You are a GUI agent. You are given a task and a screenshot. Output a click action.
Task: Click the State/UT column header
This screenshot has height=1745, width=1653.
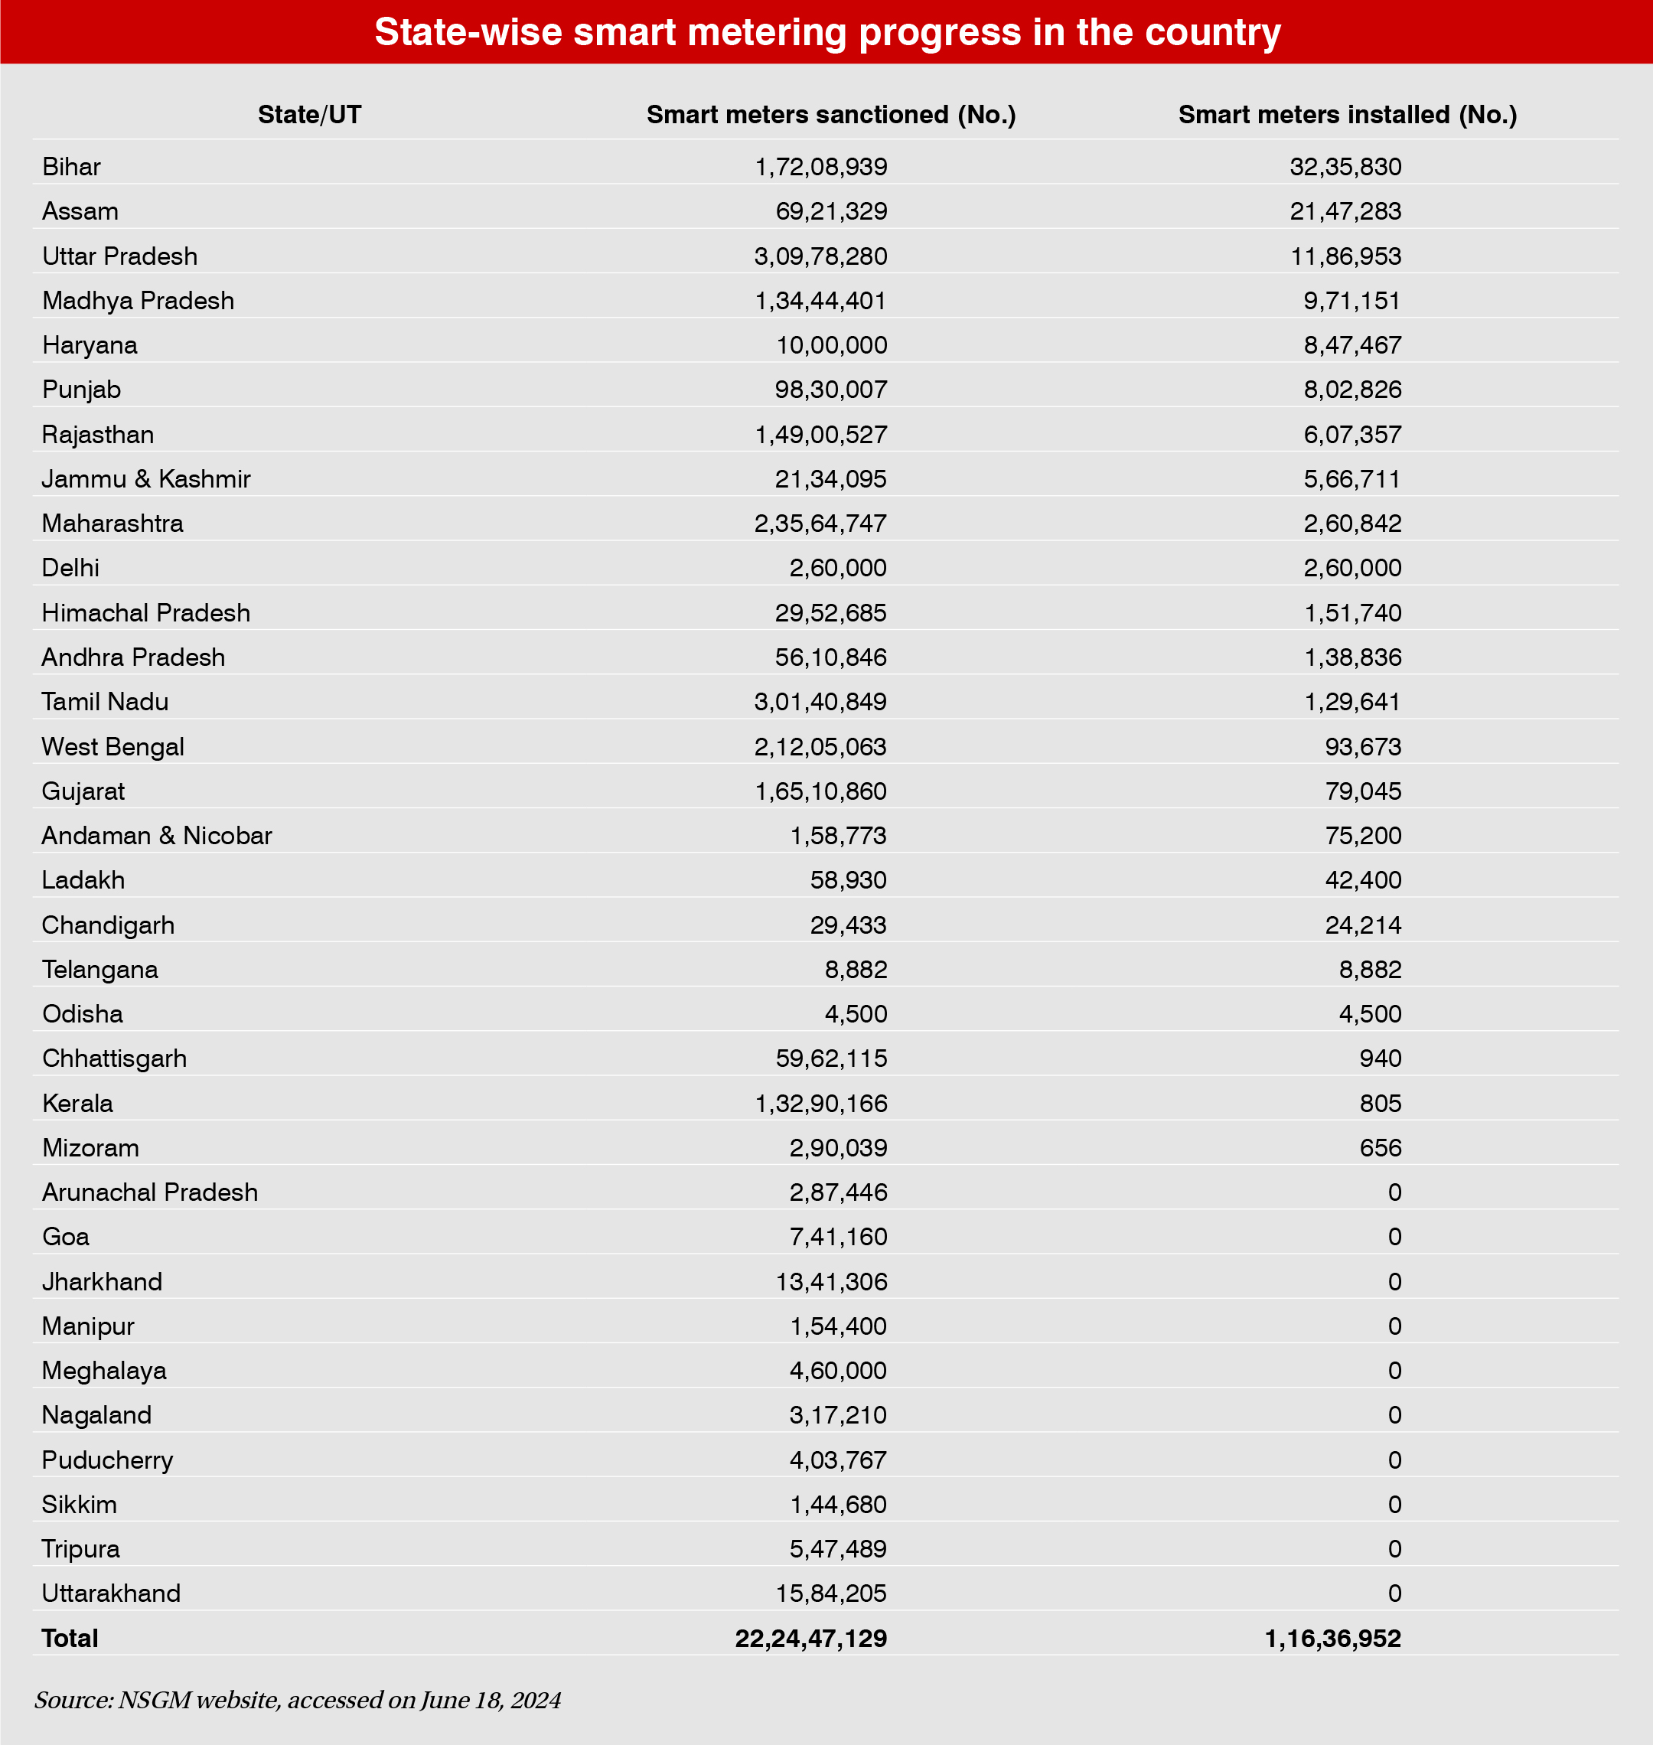309,115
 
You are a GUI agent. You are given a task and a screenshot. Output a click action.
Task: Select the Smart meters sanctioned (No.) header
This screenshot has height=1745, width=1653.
831,115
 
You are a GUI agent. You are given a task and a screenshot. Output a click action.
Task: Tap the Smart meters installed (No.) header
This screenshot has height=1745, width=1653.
1347,115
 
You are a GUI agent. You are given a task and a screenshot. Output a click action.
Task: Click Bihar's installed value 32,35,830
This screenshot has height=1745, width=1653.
1345,167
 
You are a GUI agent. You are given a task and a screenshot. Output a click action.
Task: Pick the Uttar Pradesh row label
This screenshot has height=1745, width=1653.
120,256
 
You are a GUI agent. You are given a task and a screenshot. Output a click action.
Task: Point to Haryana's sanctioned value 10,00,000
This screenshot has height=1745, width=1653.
831,345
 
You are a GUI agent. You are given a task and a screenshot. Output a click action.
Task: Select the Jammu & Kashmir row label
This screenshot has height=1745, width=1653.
146,478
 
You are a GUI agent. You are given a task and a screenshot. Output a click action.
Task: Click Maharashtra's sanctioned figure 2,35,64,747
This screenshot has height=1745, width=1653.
820,523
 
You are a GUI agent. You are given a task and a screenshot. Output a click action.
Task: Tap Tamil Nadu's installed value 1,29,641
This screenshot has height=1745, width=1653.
1351,702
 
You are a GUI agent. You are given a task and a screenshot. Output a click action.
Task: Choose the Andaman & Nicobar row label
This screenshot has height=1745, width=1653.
157,836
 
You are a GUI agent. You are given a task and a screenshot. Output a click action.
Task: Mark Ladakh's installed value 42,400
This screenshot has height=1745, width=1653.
1362,879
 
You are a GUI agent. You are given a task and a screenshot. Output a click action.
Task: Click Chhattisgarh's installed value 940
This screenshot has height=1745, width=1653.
1380,1058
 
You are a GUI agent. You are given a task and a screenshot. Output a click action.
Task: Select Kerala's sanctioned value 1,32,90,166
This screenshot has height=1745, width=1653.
820,1104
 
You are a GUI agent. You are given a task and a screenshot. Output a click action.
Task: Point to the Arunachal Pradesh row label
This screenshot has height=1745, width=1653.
150,1192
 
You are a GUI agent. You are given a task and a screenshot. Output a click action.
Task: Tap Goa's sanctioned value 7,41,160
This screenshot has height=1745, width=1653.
838,1237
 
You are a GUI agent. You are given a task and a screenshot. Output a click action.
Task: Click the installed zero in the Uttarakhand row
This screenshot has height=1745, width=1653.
1394,1593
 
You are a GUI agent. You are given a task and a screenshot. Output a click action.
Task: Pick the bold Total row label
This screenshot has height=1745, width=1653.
70,1639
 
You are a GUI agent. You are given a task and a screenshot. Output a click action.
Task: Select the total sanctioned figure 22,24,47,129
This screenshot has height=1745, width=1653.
810,1639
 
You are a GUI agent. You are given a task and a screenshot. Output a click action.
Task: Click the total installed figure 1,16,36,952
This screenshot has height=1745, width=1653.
1332,1639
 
